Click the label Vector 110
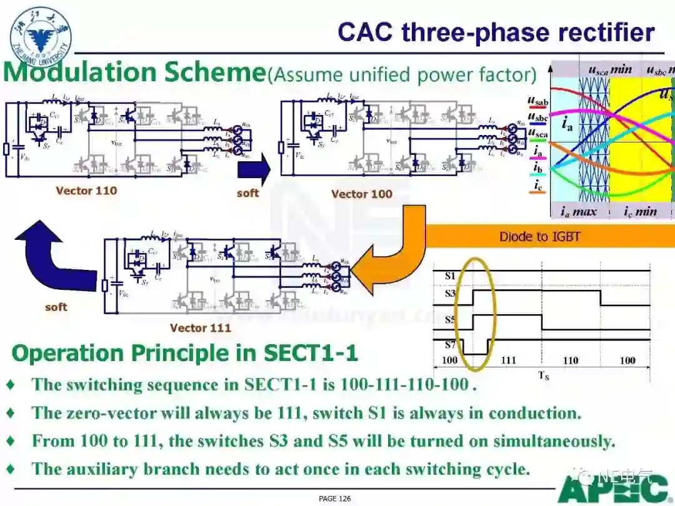click(86, 191)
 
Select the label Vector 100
click(361, 194)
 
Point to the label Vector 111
click(200, 327)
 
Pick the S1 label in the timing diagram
click(450, 275)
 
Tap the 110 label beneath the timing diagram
click(570, 360)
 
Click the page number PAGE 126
click(334, 499)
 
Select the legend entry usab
click(538, 101)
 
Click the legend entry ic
click(538, 185)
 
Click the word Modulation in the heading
click(81, 72)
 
